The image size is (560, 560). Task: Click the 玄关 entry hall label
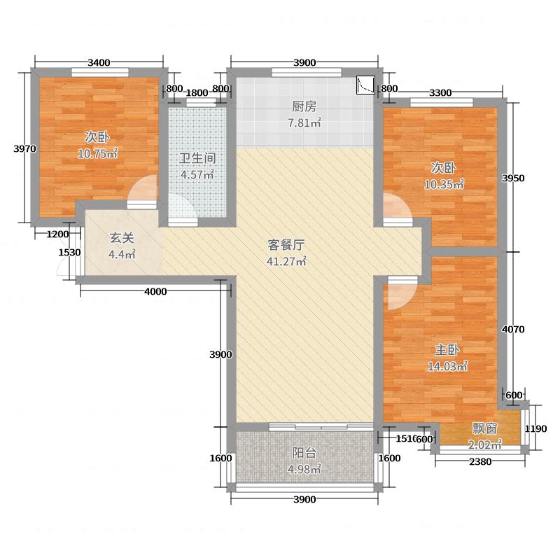tap(118, 237)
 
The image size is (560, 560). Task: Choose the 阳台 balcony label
tap(304, 452)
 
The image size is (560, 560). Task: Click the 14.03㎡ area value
tap(448, 365)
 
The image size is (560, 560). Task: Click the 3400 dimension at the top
tap(99, 63)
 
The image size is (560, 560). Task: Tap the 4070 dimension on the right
tap(514, 329)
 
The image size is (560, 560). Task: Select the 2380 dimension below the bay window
tap(480, 461)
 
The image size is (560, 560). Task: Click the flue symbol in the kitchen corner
tap(365, 85)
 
